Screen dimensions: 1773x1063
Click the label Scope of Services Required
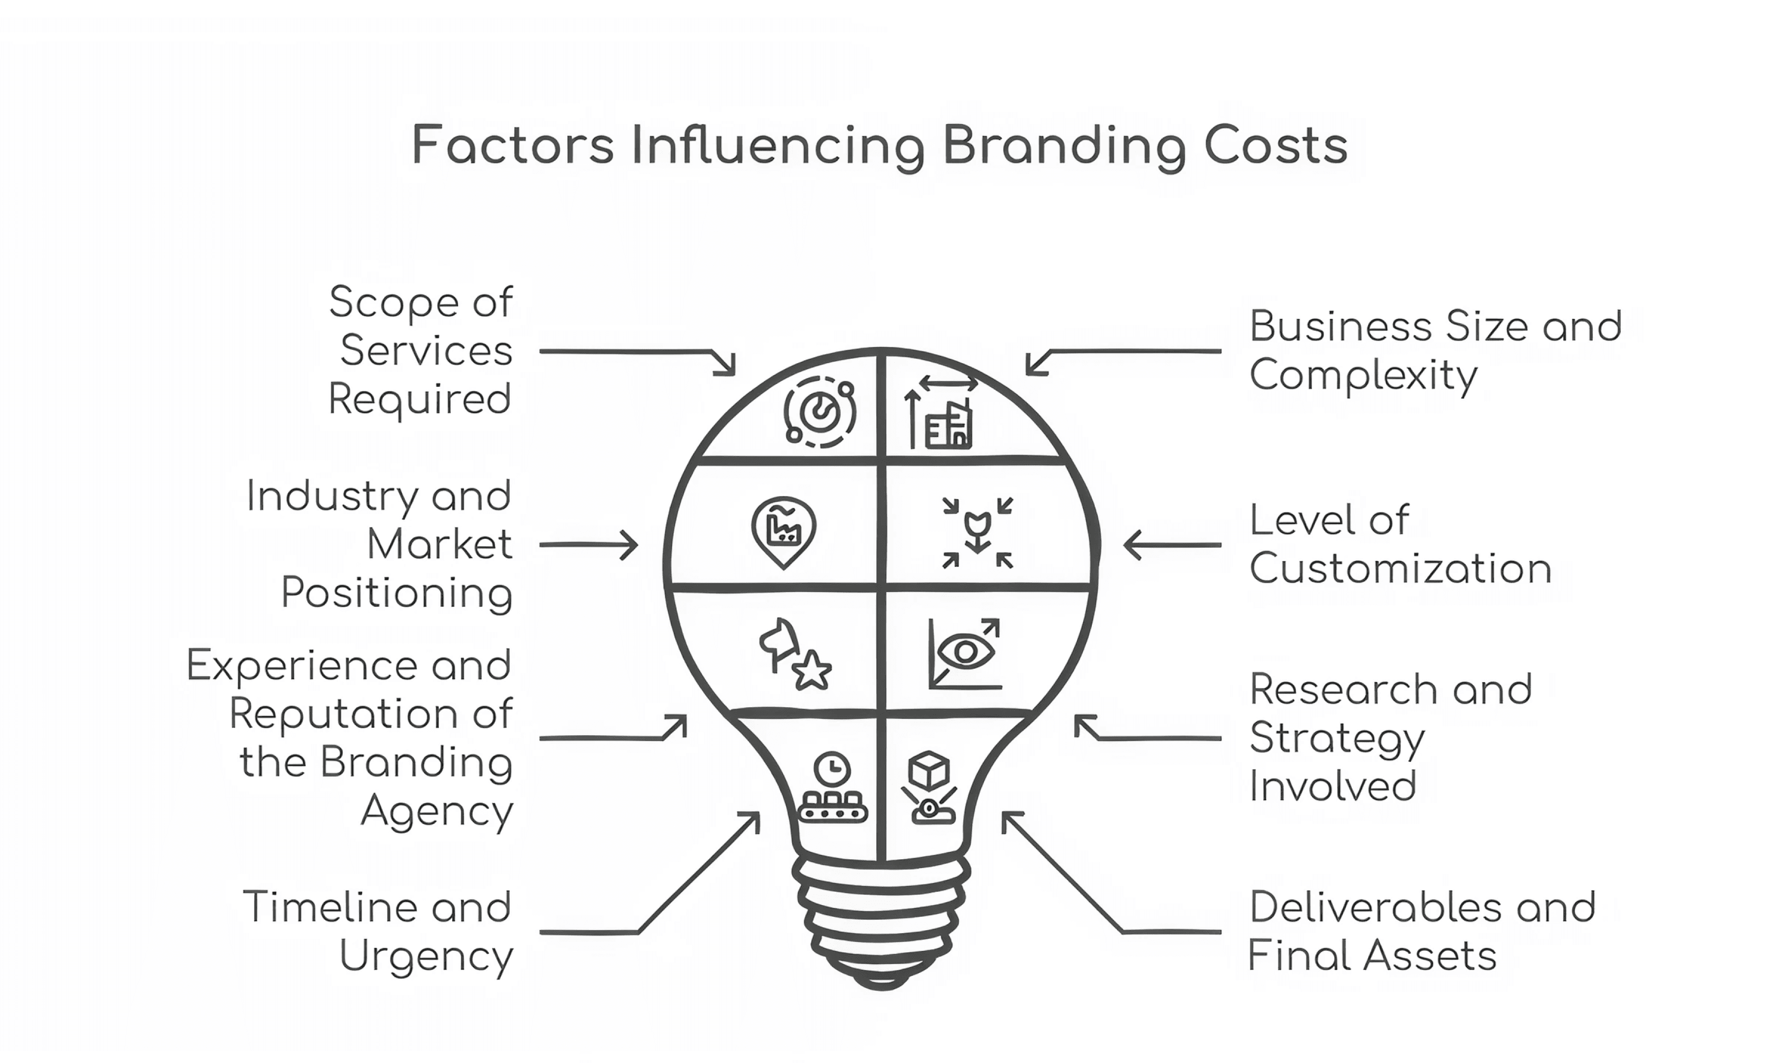(421, 351)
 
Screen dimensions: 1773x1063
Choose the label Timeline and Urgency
(378, 933)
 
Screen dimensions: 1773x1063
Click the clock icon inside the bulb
(832, 769)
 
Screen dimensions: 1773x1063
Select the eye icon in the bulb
(965, 652)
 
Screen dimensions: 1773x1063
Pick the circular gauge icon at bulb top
(819, 412)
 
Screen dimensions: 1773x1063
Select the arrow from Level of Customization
(1173, 545)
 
